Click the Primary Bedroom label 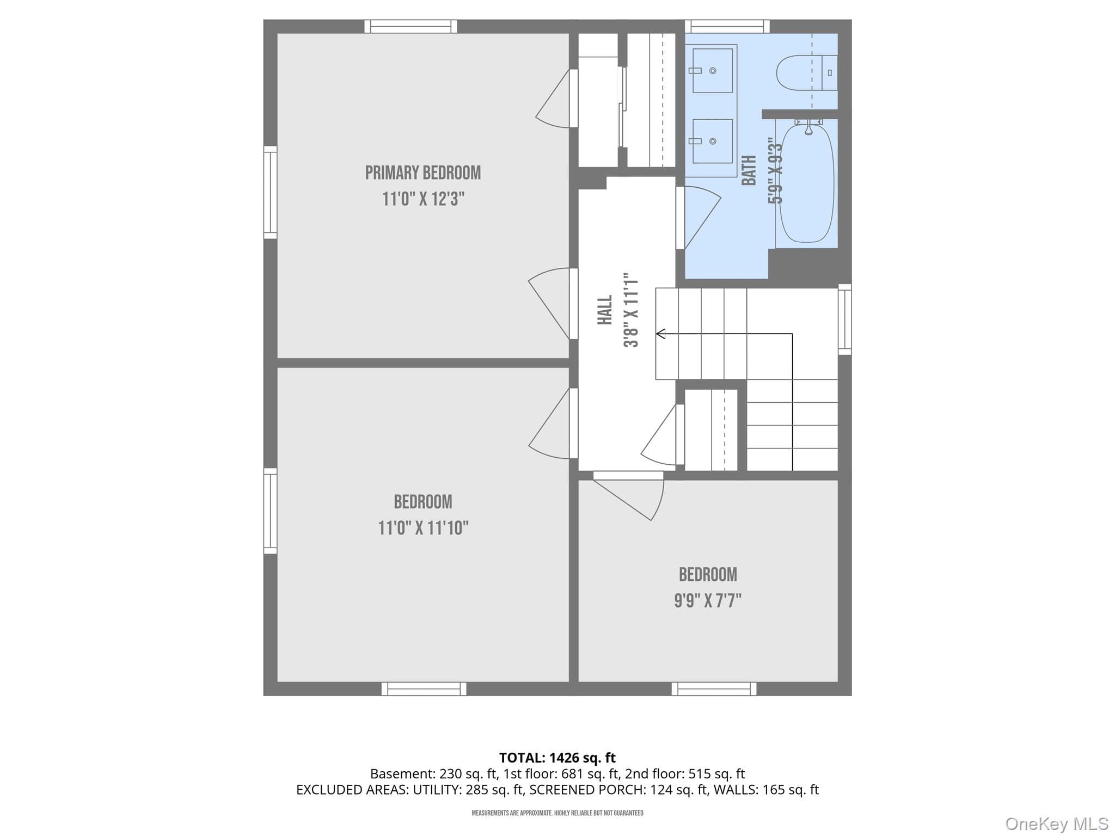[x=423, y=173]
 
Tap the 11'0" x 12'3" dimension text [x=423, y=199]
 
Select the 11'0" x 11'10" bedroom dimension [x=423, y=528]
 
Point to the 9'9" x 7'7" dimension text [x=708, y=600]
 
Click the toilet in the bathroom [x=807, y=73]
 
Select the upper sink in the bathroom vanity [x=712, y=71]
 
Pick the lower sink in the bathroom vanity [x=712, y=141]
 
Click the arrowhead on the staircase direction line [x=660, y=334]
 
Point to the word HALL [x=605, y=310]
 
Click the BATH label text [x=749, y=170]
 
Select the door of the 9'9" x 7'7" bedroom [x=628, y=497]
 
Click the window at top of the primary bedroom [x=411, y=26]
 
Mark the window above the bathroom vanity [x=727, y=26]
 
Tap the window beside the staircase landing [x=844, y=319]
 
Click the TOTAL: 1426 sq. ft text [x=557, y=758]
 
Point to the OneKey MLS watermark [x=1057, y=823]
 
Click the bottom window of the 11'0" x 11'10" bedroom [x=424, y=689]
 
